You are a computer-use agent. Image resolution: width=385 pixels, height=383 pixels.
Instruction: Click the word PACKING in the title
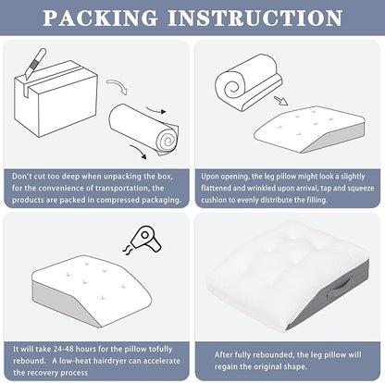click(x=100, y=18)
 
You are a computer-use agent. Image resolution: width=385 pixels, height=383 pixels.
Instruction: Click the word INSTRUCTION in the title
click(x=255, y=18)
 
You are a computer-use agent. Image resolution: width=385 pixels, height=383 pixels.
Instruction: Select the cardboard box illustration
click(x=56, y=99)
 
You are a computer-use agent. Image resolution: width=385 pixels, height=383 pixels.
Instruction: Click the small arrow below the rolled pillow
click(x=280, y=101)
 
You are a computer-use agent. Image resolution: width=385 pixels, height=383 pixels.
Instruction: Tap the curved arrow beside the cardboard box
click(x=118, y=86)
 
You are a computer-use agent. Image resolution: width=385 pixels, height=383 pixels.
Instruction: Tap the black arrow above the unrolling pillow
click(x=155, y=110)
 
